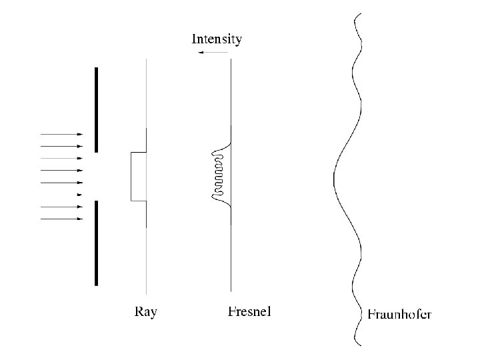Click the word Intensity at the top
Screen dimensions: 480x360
(x=217, y=39)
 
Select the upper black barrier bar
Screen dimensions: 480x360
(x=97, y=109)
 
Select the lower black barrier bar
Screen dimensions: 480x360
(x=97, y=243)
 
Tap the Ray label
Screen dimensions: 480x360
(x=146, y=311)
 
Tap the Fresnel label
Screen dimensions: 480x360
(x=249, y=311)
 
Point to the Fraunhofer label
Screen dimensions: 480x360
(x=399, y=314)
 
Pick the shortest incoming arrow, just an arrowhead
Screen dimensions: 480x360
(x=80, y=195)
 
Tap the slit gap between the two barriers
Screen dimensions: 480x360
(x=97, y=176)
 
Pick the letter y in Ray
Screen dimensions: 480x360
(x=153, y=313)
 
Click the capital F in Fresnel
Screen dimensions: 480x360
(x=231, y=311)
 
